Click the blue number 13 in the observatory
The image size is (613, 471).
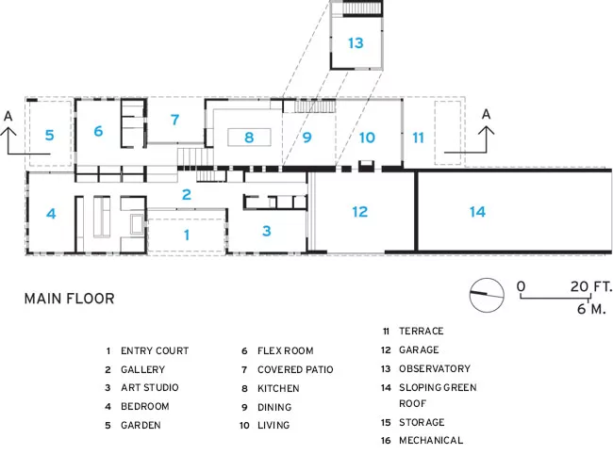(356, 43)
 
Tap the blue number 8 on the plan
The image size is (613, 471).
(249, 138)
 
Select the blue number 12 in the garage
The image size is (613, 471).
(359, 212)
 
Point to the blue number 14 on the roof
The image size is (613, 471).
(477, 212)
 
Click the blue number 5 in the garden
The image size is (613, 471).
(49, 135)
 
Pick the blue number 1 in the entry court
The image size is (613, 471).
(187, 235)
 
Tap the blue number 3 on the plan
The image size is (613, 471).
(267, 231)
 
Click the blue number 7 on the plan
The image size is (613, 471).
(174, 120)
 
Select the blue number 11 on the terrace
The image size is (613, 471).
(418, 138)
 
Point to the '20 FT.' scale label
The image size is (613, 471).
(590, 286)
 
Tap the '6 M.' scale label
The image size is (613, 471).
(591, 309)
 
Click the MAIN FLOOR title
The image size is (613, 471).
(69, 299)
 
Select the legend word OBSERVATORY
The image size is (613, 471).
(435, 368)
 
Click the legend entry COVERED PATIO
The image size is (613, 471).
(295, 369)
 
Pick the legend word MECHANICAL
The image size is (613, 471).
(431, 441)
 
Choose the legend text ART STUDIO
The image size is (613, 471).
(149, 387)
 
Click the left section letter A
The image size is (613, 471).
(8, 116)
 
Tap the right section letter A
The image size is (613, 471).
(486, 114)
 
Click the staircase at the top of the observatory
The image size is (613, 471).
(361, 8)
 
